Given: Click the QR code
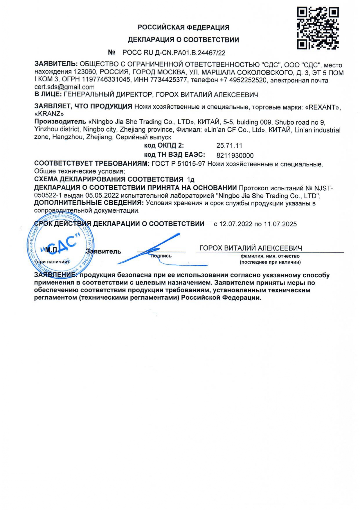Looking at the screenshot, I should coord(318,28).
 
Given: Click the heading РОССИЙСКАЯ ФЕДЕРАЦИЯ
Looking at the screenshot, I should coord(183,27).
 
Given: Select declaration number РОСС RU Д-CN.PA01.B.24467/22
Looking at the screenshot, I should coord(174,53).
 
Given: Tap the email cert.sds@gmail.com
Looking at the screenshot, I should coord(64,87).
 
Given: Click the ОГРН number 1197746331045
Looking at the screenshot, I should coord(106,80).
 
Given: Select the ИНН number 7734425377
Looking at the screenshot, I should coord(169,80).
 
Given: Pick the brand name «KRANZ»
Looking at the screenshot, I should coord(49,114).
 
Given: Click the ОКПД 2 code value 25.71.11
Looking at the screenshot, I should coord(229,146).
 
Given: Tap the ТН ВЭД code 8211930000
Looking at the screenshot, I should coord(235,155).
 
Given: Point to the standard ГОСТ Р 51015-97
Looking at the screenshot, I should coord(179,164).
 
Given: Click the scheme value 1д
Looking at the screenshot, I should coord(191,179).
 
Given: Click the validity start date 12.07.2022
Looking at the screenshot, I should coord(235,224).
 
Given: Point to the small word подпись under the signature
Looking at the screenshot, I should coord(161,256).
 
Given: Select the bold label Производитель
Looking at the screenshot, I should coord(60,121).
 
